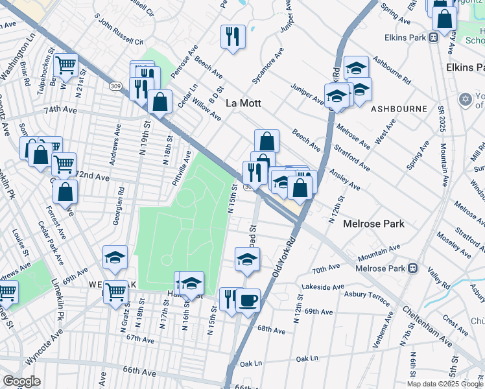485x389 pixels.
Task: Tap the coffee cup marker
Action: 248,300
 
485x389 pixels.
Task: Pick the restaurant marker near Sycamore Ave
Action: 232,36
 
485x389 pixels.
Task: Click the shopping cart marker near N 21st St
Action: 65,65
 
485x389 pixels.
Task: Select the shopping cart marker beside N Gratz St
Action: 115,292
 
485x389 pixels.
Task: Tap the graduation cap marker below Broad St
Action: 246,260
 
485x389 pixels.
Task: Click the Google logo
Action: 22,381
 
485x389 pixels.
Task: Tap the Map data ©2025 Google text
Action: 445,384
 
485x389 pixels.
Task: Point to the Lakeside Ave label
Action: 322,287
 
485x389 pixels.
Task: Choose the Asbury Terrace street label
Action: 367,297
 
